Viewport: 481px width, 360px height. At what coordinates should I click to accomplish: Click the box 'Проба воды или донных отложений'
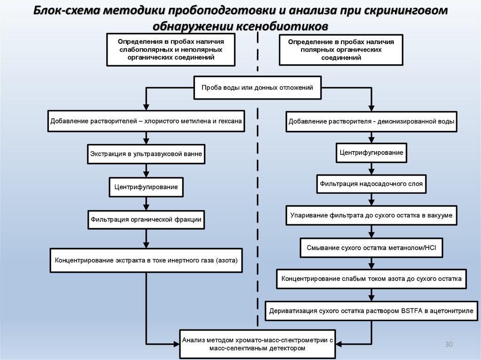point(257,87)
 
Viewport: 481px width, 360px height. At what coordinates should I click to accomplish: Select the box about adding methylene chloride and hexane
point(146,121)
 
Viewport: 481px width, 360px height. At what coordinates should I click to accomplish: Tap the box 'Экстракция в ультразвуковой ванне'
point(146,153)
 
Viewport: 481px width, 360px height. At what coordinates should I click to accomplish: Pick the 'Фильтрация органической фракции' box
point(146,219)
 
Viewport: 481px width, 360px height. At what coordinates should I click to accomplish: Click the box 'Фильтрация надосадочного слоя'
point(371,184)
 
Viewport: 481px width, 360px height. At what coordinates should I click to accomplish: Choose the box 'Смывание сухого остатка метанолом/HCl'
point(371,247)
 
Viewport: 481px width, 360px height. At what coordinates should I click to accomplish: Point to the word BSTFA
point(412,311)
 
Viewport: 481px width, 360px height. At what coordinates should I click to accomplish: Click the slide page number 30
point(448,345)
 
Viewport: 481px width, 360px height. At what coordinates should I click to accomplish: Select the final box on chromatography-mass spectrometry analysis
point(257,344)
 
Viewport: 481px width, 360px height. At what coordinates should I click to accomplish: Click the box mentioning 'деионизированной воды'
point(371,121)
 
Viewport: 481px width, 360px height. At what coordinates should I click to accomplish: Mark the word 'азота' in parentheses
point(226,260)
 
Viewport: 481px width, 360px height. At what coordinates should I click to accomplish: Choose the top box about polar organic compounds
point(341,50)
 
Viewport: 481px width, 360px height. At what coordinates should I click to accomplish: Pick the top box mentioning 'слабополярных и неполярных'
point(171,49)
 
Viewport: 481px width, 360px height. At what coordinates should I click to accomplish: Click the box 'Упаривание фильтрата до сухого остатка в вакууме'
point(371,215)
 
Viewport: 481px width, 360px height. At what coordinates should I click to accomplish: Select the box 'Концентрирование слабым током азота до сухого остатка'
point(371,279)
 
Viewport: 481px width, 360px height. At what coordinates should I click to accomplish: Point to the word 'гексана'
point(230,121)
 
